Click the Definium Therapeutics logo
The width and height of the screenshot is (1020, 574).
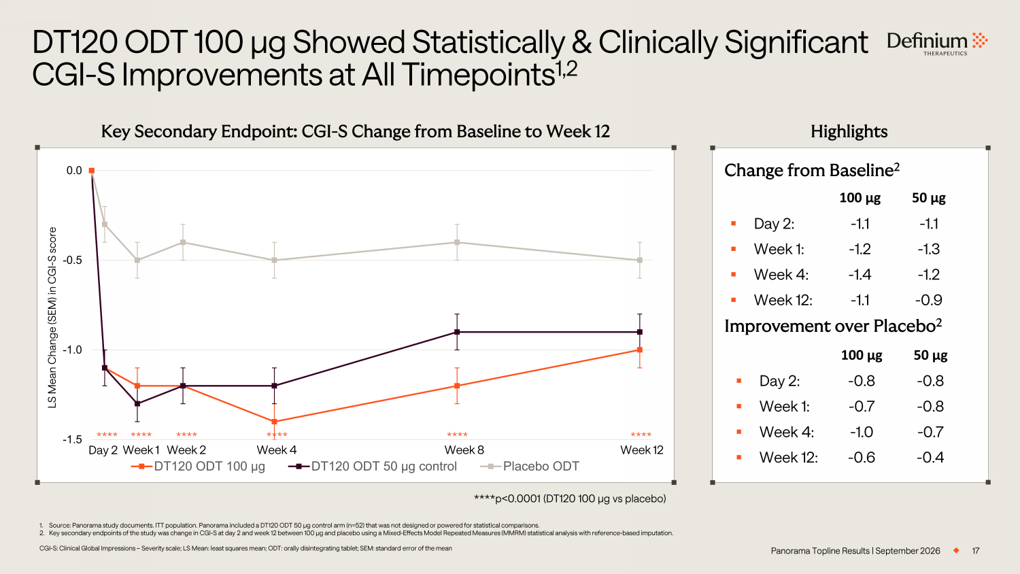937,44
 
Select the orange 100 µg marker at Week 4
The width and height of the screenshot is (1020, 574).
274,422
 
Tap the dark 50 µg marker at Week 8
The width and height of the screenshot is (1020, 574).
457,332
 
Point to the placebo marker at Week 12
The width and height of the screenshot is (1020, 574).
640,260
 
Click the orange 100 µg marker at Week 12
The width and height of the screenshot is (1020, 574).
640,350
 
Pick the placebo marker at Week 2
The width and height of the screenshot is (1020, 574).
183,242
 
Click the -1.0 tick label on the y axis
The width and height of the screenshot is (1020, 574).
72,350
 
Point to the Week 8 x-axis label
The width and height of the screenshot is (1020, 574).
464,450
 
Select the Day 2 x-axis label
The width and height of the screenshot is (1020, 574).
103,450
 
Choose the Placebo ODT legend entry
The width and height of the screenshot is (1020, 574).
530,466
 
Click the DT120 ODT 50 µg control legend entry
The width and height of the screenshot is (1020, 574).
373,466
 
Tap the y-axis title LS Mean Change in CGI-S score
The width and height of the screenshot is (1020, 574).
52,318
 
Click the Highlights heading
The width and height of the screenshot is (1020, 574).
849,132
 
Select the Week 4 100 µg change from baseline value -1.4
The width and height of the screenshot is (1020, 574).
860,275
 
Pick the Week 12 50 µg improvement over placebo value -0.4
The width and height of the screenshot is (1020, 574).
930,458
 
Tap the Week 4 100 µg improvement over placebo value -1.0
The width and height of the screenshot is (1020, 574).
862,432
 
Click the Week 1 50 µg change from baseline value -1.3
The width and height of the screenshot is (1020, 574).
929,249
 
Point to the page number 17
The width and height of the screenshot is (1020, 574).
976,551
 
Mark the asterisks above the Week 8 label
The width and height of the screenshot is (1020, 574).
457,435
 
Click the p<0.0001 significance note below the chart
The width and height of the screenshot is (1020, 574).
570,499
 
